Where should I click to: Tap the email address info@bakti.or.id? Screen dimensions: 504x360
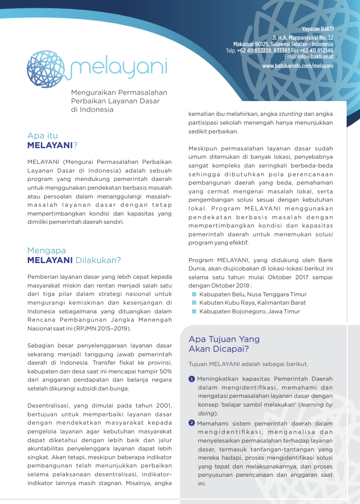click(315, 57)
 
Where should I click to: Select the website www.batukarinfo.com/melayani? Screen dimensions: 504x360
click(298, 66)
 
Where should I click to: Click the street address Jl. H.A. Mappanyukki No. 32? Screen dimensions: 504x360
click(303, 37)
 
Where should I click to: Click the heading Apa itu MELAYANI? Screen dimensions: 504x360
click(52, 140)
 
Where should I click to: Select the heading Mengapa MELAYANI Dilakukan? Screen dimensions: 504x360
click(74, 255)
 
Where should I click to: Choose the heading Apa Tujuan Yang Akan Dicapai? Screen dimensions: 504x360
click(224, 344)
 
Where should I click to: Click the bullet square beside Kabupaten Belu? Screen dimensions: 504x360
click(194, 294)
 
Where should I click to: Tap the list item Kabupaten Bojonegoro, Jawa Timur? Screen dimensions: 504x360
click(243, 312)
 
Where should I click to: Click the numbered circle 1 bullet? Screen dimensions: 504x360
click(192, 379)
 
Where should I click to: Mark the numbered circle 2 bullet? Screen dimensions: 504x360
click(192, 423)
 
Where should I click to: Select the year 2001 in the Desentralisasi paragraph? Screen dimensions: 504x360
click(164, 406)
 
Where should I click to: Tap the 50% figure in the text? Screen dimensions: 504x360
click(164, 371)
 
